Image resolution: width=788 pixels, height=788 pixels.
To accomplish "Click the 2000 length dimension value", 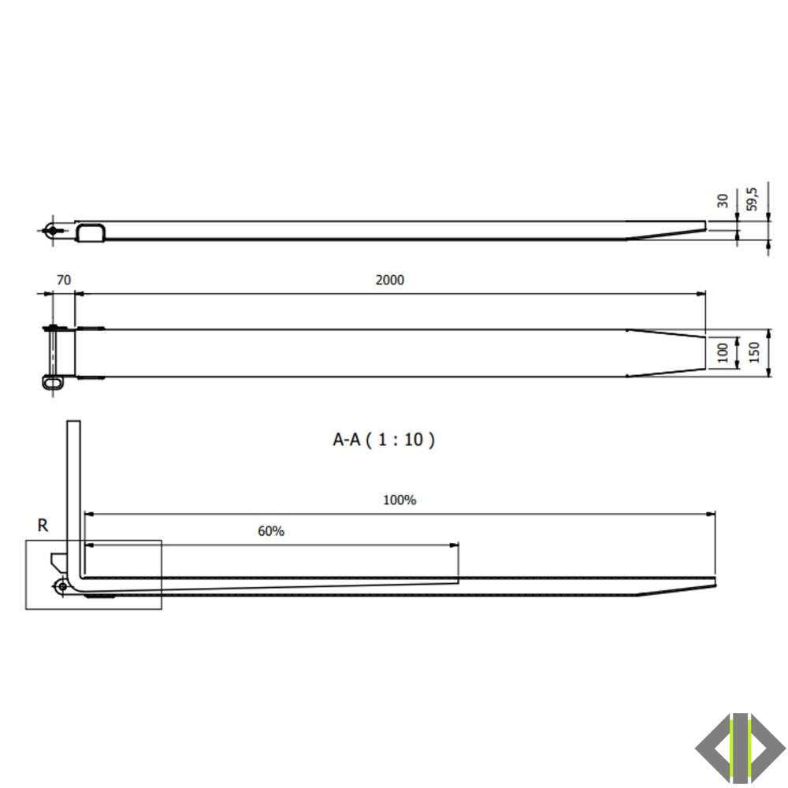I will pos(389,280).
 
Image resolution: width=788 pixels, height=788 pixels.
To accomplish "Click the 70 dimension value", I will pos(64,280).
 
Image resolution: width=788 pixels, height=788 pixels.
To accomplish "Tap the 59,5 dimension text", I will pos(752,199).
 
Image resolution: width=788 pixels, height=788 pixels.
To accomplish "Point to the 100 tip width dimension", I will pos(723,353).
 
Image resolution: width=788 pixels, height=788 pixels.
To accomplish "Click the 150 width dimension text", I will pos(753,353).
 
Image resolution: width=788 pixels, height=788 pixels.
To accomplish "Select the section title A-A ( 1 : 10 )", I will pos(384,440).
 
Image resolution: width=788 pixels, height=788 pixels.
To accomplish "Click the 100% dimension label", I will pos(399,500).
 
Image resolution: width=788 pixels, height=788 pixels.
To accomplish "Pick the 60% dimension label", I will pos(270,531).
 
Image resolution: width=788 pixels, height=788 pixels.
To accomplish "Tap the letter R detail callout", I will pos(43,526).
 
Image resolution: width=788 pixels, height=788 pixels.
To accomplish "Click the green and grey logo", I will pos(740,749).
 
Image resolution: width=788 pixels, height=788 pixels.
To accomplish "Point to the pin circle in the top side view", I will pos(52,231).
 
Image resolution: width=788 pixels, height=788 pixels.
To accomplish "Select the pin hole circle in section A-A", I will pos(61,585).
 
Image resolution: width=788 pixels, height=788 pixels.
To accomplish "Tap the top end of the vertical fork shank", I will pos(73,424).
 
